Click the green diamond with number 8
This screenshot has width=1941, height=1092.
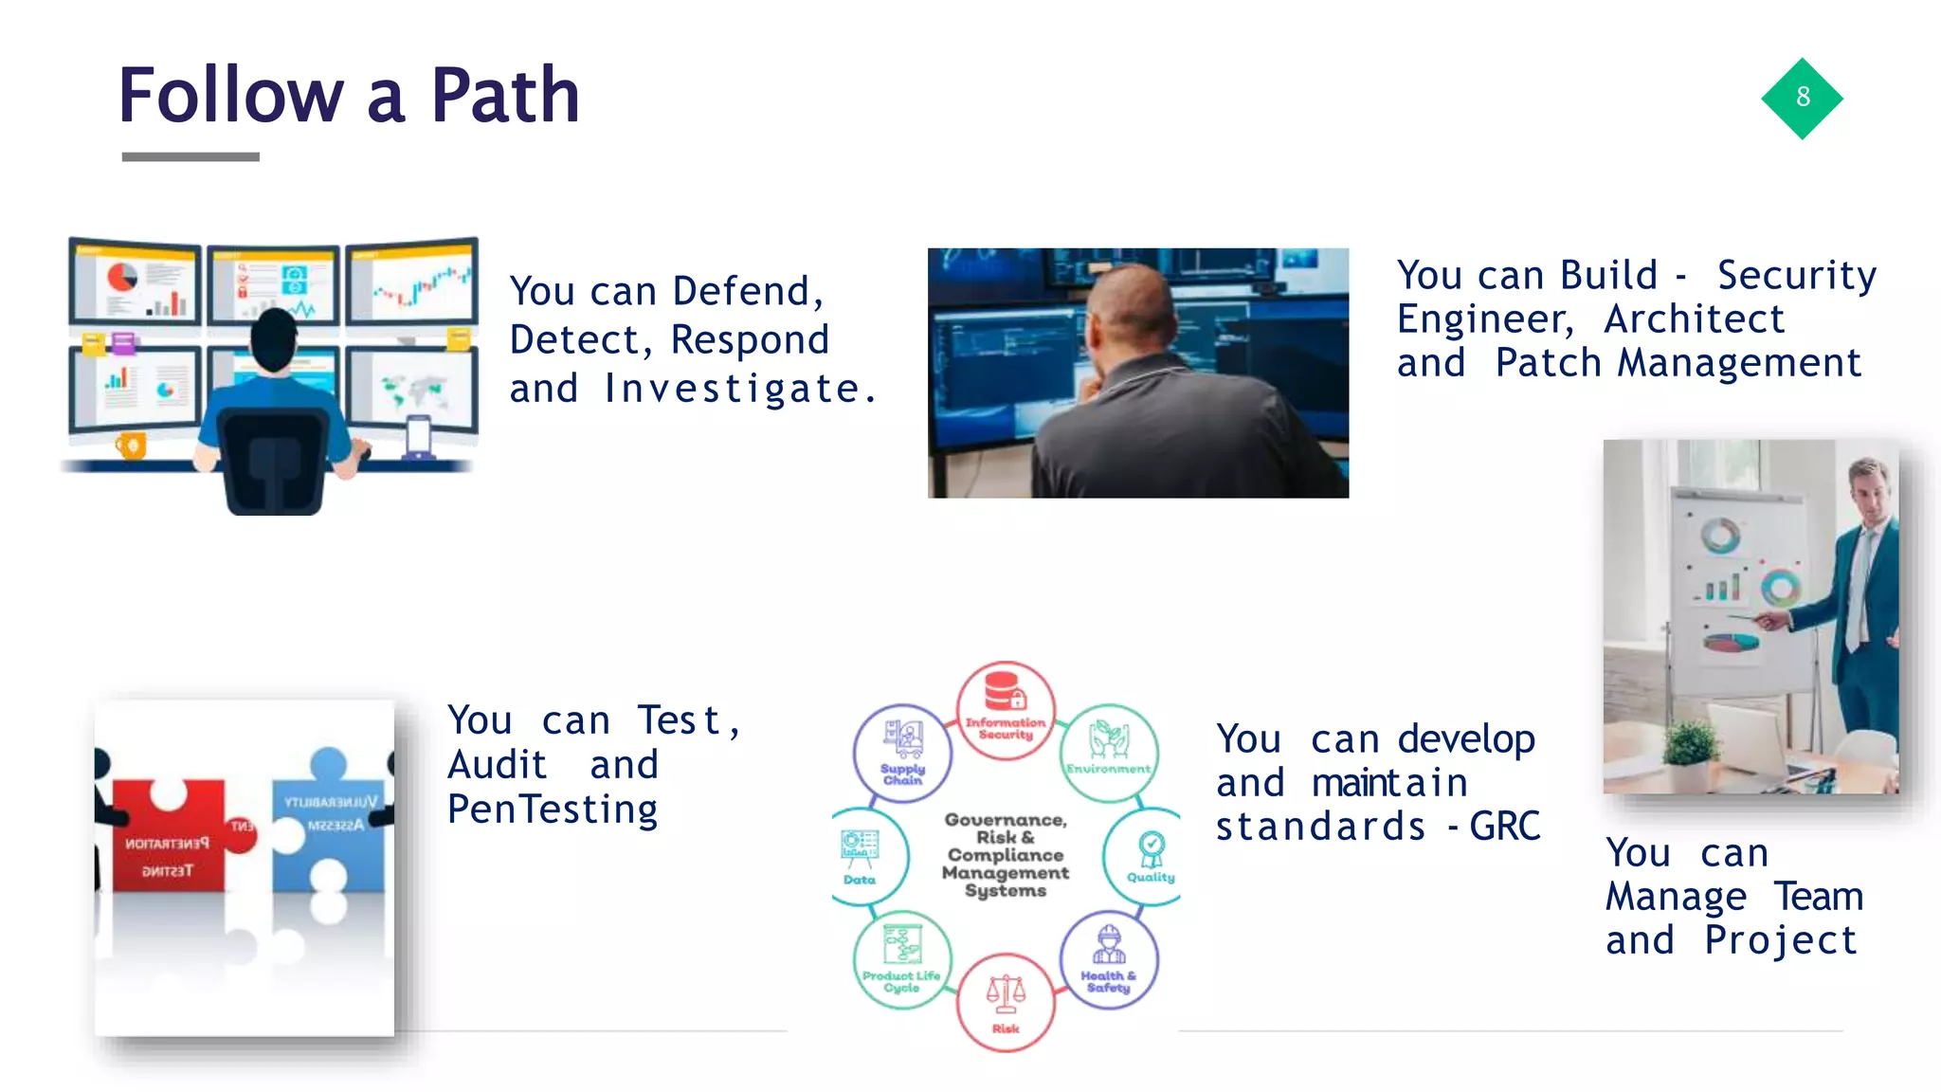click(x=1802, y=98)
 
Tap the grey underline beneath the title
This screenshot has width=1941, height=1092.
click(x=190, y=156)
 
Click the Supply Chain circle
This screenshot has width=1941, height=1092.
click(x=903, y=753)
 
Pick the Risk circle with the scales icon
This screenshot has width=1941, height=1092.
click(x=1006, y=1002)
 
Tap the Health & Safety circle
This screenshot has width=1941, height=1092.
click(x=1108, y=960)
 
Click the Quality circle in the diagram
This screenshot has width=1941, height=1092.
click(x=1149, y=856)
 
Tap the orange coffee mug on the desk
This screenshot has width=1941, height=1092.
click(x=131, y=445)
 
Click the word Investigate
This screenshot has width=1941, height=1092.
click(x=739, y=389)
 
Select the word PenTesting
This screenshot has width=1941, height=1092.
click(x=553, y=810)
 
